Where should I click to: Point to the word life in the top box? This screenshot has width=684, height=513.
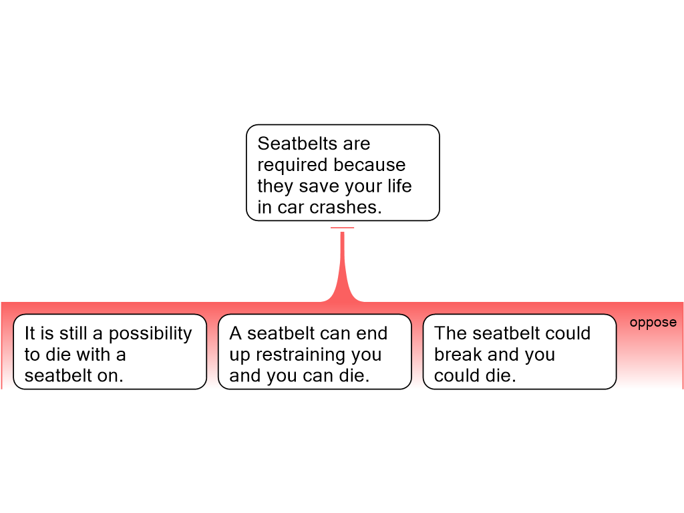tap(399, 186)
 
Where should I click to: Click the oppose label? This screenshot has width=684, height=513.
tap(653, 323)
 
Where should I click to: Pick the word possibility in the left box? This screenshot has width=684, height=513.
tap(150, 334)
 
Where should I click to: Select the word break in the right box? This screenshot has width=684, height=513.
tap(458, 354)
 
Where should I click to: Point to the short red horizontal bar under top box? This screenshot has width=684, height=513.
tap(343, 228)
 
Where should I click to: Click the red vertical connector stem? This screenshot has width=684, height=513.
tap(343, 262)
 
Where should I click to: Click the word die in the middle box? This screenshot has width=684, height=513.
tap(353, 375)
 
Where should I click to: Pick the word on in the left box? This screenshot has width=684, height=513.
tap(110, 375)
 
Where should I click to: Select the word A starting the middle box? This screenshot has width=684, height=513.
tap(235, 333)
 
